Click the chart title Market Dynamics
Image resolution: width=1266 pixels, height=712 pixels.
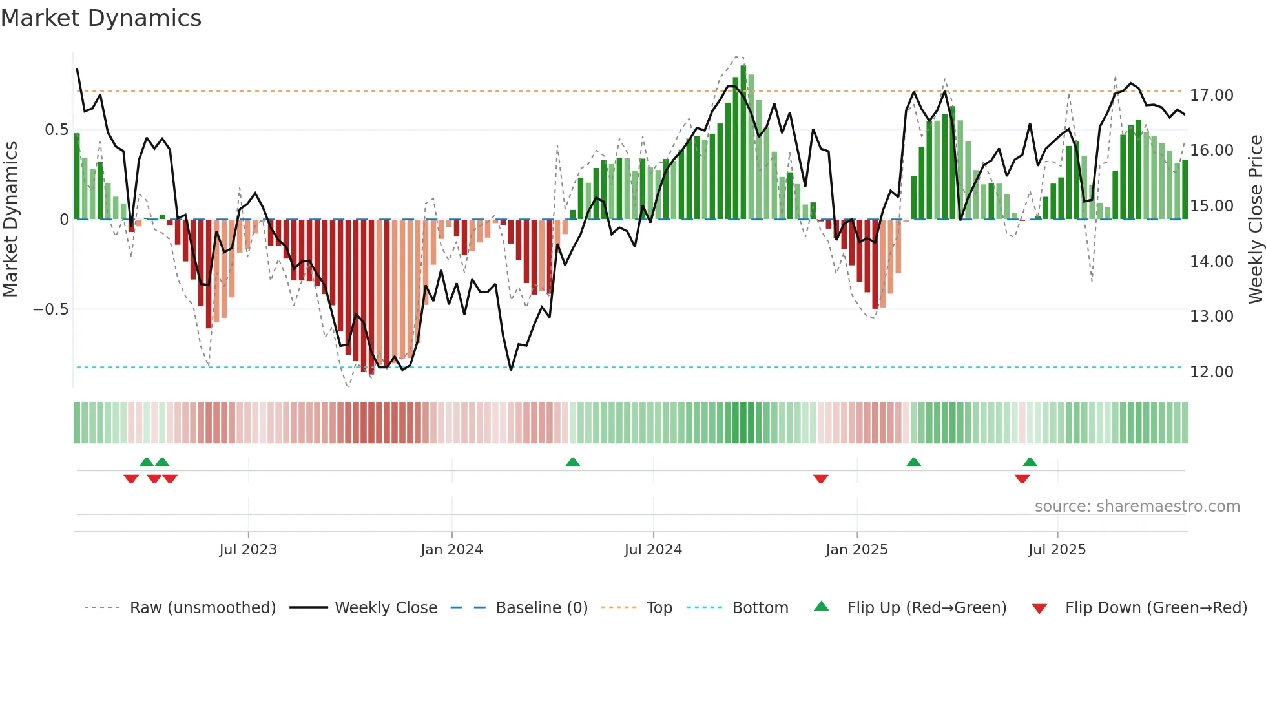101,18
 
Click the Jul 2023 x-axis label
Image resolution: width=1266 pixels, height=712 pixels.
248,550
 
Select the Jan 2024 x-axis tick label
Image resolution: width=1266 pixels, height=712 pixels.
451,550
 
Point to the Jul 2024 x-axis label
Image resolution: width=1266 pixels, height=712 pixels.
653,550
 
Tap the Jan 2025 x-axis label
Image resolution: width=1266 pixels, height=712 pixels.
856,550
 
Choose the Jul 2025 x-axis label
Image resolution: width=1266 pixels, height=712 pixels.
1057,550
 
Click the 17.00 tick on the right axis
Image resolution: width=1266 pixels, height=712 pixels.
1211,96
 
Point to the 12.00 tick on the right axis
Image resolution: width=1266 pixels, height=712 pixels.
1211,372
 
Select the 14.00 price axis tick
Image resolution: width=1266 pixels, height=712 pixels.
1211,262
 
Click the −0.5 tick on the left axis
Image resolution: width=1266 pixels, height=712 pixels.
50,309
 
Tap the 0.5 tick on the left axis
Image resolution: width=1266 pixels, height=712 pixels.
56,130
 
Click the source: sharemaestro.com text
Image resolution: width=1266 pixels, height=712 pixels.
1137,507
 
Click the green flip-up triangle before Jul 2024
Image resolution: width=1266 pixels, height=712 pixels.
572,462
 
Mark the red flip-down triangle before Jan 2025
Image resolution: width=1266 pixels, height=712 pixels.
820,479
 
